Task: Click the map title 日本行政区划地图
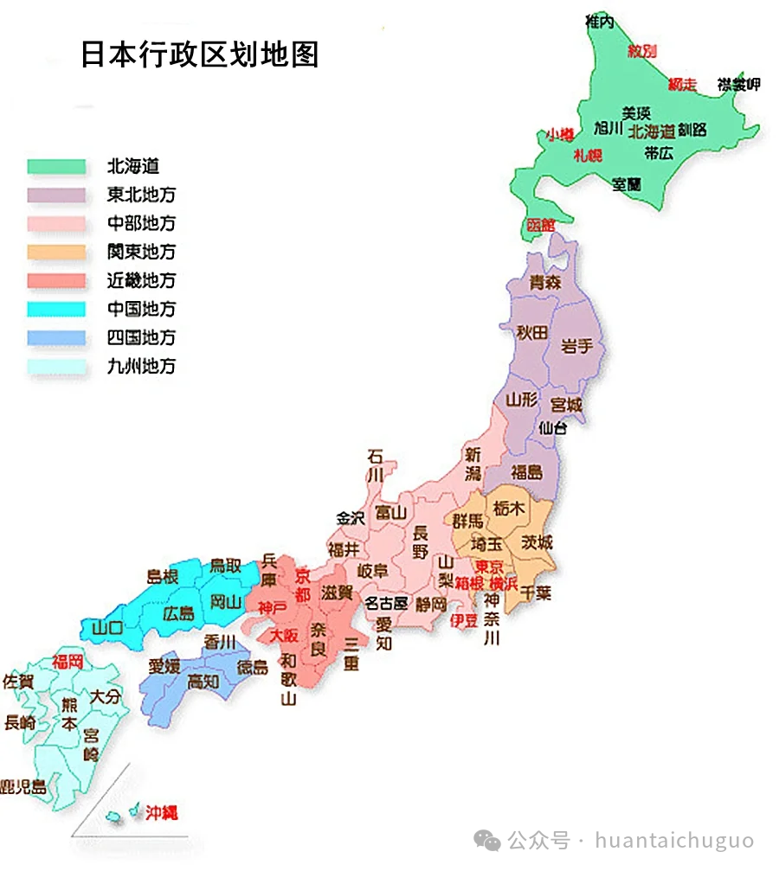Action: (x=200, y=54)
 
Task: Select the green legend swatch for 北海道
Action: (x=56, y=167)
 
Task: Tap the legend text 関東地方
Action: (x=141, y=252)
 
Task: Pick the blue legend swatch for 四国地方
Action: (x=56, y=337)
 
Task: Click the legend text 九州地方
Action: (x=141, y=366)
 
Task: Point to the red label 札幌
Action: (x=588, y=156)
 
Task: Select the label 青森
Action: (x=545, y=281)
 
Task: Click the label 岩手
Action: (x=577, y=346)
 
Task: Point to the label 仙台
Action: (x=553, y=427)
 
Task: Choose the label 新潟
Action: (x=473, y=463)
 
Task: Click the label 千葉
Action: (x=537, y=594)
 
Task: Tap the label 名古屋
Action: (x=385, y=603)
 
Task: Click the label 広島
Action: (x=179, y=614)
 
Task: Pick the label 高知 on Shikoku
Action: (x=203, y=682)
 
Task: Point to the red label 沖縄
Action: (x=161, y=812)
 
